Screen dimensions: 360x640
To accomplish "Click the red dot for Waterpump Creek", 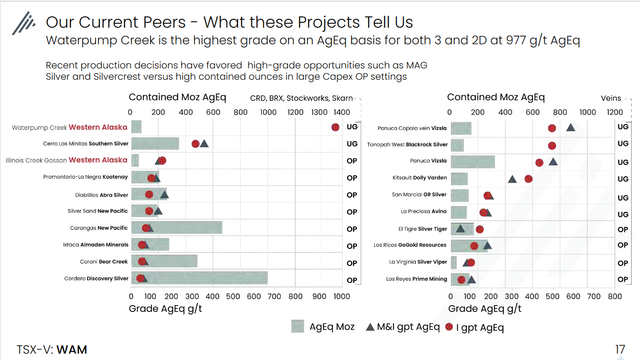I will coord(335,127).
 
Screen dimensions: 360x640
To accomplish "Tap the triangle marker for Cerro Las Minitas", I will coord(204,144).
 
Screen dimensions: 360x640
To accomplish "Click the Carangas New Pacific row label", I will coord(99,228).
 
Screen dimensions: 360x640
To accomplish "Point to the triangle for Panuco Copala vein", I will coord(571,128).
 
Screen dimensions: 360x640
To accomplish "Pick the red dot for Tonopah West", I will coord(552,146).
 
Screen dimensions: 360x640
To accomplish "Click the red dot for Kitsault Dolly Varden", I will coord(528,179).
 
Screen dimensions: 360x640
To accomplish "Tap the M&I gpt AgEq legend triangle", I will coord(370,327).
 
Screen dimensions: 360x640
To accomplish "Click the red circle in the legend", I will coord(449,327).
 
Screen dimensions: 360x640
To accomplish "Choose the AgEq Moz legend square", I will coord(297,326).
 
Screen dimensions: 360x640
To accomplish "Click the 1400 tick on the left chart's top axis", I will coord(342,112).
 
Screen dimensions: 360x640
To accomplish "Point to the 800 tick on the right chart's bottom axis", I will coord(615,296).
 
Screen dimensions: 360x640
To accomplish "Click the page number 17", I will coord(620,350).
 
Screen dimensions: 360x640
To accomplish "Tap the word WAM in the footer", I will coord(72,350).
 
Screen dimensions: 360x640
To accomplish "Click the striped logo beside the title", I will coord(24,23).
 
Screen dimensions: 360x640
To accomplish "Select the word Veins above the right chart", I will coord(611,98).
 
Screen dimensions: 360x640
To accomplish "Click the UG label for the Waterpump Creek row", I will coord(352,127).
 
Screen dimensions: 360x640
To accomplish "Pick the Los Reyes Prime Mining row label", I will coord(416,279).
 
